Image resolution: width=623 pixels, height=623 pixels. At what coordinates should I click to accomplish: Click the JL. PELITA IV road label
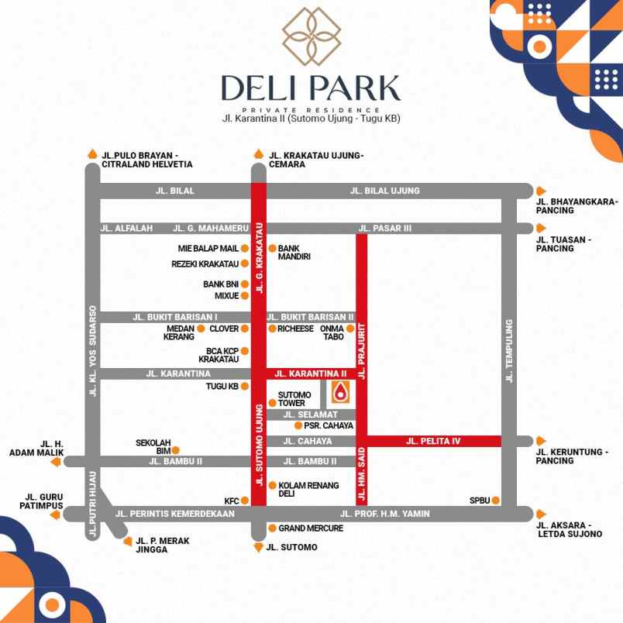tap(433, 441)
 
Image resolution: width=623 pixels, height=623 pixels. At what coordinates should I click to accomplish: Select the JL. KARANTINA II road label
tap(311, 373)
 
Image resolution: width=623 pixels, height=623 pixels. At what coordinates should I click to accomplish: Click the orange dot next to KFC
tap(245, 501)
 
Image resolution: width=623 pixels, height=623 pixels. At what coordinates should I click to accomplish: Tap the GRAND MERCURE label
tap(311, 528)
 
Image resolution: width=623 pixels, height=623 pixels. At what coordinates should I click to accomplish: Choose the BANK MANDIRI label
tap(294, 252)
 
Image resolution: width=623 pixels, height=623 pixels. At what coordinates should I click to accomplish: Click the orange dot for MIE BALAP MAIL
tap(245, 249)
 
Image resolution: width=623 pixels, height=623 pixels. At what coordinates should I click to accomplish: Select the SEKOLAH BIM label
tap(153, 446)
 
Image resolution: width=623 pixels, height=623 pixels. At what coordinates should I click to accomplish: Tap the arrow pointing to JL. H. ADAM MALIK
tap(55, 462)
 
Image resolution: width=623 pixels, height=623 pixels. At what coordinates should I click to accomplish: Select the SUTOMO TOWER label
tap(294, 399)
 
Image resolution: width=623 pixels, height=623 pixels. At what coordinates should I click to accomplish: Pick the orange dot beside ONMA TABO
tap(350, 329)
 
